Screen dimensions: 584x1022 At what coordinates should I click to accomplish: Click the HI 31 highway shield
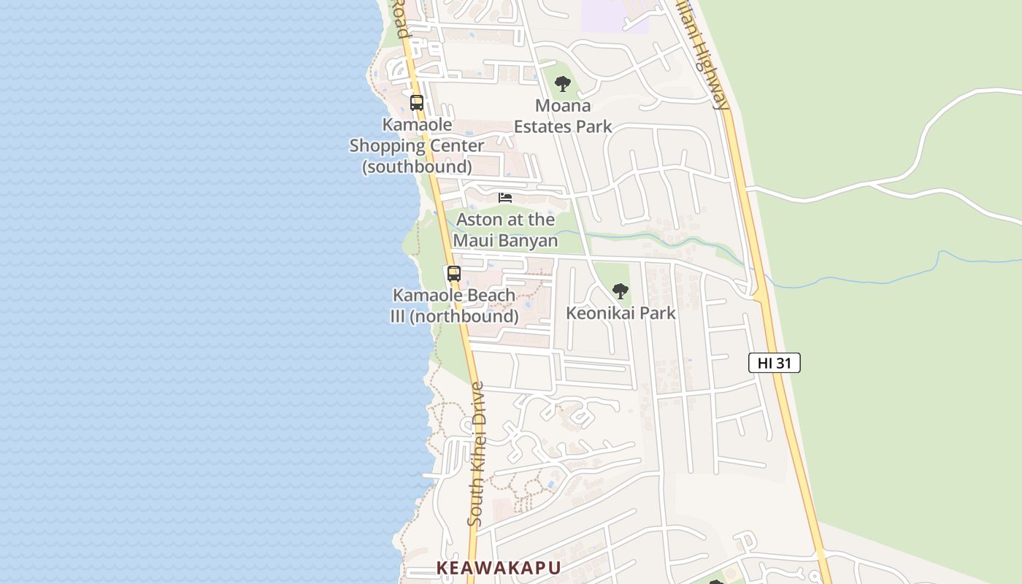pyautogui.click(x=774, y=363)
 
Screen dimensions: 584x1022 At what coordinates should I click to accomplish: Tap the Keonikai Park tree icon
pyautogui.click(x=620, y=291)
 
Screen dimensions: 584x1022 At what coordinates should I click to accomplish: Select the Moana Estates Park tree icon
pyautogui.click(x=562, y=84)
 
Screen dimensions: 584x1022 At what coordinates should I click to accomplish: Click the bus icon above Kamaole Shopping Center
pyautogui.click(x=417, y=103)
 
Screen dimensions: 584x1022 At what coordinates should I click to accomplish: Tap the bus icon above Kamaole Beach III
pyautogui.click(x=454, y=274)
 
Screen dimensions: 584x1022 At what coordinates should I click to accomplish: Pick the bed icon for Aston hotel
pyautogui.click(x=505, y=197)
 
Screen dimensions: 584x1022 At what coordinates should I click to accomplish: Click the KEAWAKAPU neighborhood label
pyautogui.click(x=499, y=568)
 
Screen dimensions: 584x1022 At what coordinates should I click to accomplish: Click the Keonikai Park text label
pyautogui.click(x=620, y=313)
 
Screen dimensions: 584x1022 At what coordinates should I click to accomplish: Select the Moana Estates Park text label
pyautogui.click(x=563, y=116)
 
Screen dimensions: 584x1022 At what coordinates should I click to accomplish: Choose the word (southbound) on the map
pyautogui.click(x=418, y=166)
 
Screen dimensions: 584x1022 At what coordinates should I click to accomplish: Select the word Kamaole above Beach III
pyautogui.click(x=423, y=296)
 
